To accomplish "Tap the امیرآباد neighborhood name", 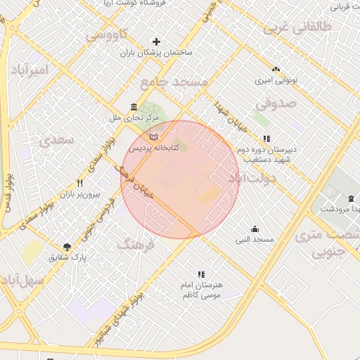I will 30,70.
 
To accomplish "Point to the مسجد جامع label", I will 174,82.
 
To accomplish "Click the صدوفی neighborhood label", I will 272,103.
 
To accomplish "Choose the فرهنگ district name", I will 136,245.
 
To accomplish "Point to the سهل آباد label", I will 23,280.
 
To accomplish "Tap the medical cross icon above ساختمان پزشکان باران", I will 156,41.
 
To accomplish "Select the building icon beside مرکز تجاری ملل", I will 134,107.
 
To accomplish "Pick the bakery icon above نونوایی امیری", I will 275,70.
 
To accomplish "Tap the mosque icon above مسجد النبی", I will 255,229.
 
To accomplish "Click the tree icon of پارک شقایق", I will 67,246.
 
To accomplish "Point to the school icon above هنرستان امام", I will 202,274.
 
